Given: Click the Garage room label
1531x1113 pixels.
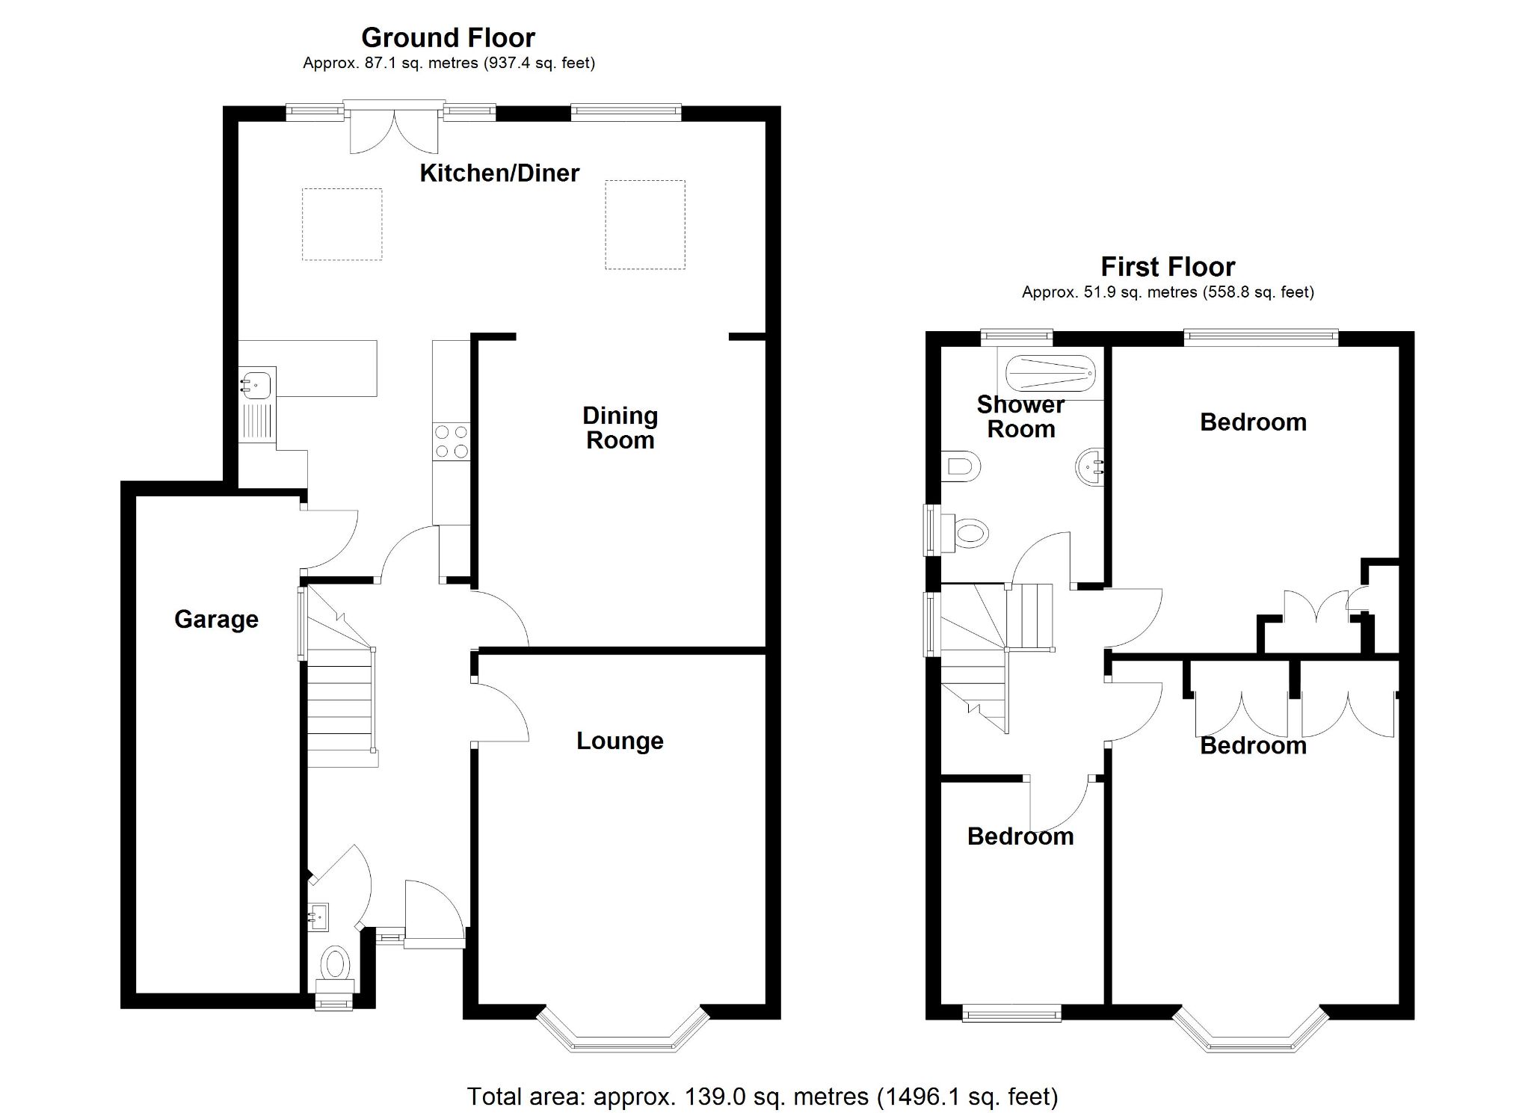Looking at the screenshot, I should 216,619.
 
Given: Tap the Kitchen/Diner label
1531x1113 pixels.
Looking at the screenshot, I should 499,173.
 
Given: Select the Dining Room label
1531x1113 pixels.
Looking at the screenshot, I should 620,428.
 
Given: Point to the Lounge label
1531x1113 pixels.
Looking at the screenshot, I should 620,741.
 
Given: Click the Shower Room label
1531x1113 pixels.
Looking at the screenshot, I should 1020,417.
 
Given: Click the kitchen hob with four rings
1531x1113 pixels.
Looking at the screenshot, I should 452,441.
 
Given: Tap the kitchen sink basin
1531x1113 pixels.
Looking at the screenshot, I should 256,384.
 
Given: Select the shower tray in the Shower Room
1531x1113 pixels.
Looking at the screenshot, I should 1050,372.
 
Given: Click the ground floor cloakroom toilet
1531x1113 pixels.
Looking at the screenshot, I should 335,964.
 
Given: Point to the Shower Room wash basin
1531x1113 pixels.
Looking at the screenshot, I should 1090,468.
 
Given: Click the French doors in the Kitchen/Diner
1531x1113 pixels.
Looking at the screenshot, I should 394,131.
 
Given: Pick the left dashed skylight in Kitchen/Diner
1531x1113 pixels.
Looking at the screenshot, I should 342,224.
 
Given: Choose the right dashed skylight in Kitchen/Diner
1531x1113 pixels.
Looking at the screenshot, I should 644,224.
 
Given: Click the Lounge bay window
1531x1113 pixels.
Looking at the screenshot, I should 623,1035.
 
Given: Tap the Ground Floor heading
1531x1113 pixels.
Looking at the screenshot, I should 448,37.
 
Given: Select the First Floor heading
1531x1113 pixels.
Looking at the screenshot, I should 1168,267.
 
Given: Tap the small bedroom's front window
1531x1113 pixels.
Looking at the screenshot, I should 1011,1014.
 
